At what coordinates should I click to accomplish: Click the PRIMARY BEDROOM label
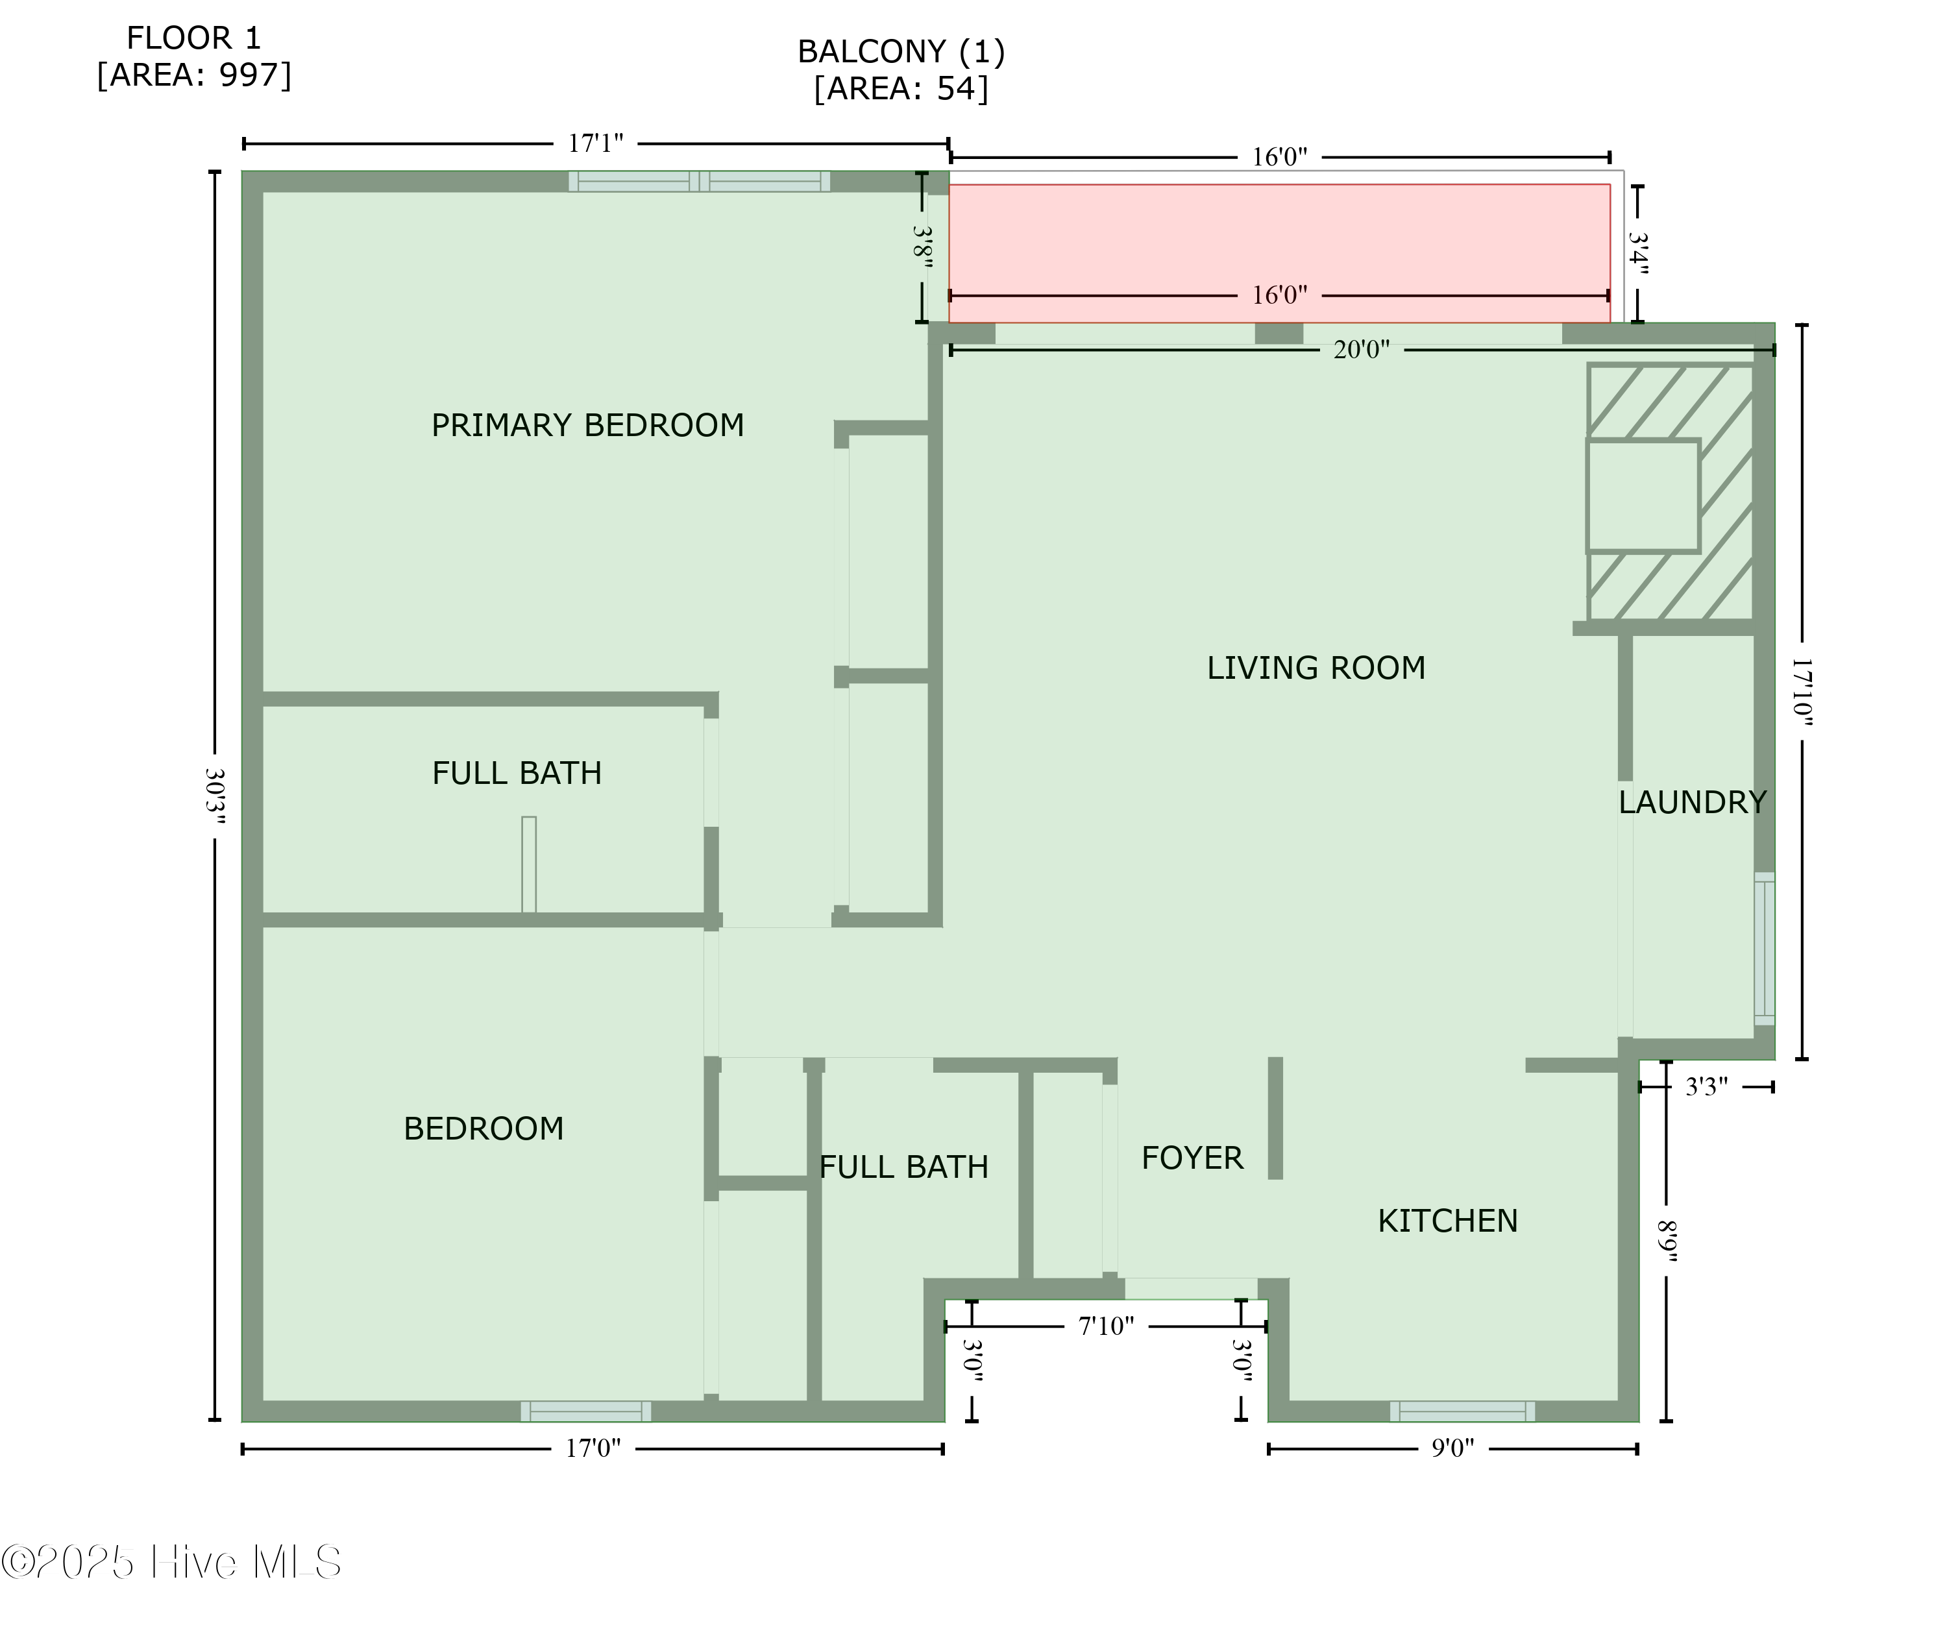pyautogui.click(x=587, y=426)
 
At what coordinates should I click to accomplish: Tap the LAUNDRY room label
pyautogui.click(x=1692, y=802)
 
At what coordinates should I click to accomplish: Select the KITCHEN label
pyautogui.click(x=1447, y=1221)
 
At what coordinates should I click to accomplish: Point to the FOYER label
pyautogui.click(x=1192, y=1158)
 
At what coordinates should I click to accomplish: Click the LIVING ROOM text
pyautogui.click(x=1316, y=668)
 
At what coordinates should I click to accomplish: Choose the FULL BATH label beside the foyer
pyautogui.click(x=903, y=1167)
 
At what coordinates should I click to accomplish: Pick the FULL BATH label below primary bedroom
pyautogui.click(x=517, y=774)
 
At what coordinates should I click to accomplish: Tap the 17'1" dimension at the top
pyautogui.click(x=596, y=144)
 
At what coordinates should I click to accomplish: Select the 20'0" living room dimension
pyautogui.click(x=1361, y=350)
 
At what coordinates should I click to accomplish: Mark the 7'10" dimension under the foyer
pyautogui.click(x=1106, y=1326)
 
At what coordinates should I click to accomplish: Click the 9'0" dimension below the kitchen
pyautogui.click(x=1452, y=1448)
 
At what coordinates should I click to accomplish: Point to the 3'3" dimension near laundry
pyautogui.click(x=1706, y=1087)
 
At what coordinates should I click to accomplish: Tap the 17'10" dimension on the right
pyautogui.click(x=1802, y=691)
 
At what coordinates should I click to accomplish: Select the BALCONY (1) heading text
pyautogui.click(x=901, y=52)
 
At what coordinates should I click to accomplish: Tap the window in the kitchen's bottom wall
pyautogui.click(x=1462, y=1411)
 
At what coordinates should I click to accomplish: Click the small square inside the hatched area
pyautogui.click(x=1643, y=496)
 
